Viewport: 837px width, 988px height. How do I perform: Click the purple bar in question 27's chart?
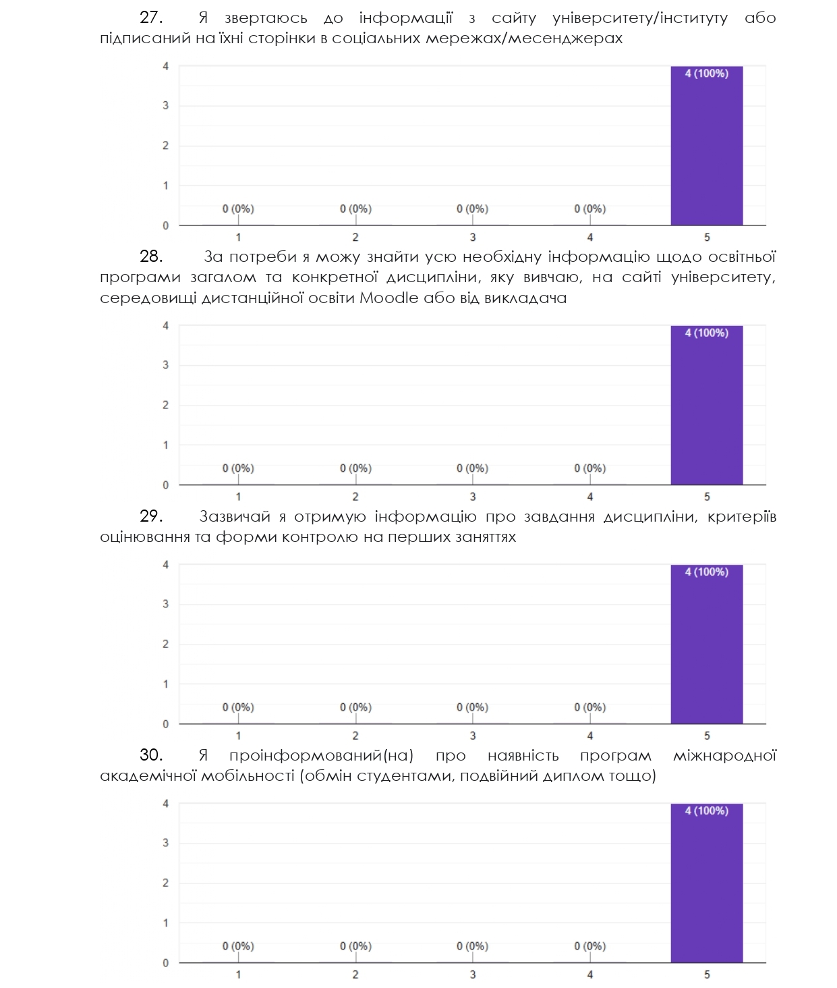tap(706, 146)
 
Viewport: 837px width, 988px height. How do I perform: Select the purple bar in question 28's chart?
tap(706, 405)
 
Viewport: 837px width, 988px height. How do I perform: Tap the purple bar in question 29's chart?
tap(706, 644)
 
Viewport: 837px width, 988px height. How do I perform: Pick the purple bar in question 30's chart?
tap(706, 883)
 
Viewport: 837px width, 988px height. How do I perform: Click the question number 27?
tap(151, 18)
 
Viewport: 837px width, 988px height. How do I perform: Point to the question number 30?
tap(151, 755)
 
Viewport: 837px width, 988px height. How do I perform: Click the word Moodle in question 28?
tap(388, 298)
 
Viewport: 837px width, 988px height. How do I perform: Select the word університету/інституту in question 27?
tap(639, 18)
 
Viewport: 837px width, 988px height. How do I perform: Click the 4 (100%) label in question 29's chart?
tap(706, 572)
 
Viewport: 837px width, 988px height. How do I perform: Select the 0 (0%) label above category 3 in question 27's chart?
tap(472, 209)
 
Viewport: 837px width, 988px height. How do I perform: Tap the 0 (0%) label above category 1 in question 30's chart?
tap(238, 946)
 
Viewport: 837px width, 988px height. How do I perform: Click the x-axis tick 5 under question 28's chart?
tap(707, 497)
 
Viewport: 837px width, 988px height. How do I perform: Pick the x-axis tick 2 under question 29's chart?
tap(355, 736)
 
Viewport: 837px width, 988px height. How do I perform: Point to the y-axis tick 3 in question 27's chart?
tap(165, 106)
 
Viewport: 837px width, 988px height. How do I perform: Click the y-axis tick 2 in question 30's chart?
tap(165, 883)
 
